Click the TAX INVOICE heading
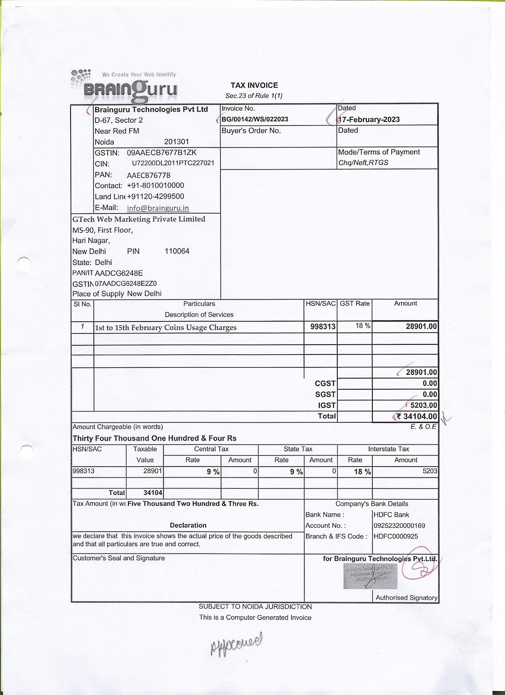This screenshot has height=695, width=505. coord(254,85)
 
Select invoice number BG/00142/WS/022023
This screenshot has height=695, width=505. coord(255,119)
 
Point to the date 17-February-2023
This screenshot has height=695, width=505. coord(369,119)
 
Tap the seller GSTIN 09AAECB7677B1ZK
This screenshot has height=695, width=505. coord(162,152)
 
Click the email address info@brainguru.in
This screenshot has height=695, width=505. coord(158,208)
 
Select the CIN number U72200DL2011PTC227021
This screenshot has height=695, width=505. coord(173,163)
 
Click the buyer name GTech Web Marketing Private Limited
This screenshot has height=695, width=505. coord(139,219)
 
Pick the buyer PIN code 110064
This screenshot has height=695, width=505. coord(177,251)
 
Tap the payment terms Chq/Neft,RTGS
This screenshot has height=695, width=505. coord(363,163)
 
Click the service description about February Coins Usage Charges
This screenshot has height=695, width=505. coord(166,328)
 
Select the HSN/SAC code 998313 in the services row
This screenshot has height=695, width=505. coord(323,327)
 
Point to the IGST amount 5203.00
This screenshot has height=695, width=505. coord(424,405)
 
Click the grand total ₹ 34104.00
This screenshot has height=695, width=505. coord(417,416)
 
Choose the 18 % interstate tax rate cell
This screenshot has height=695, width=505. coord(362,471)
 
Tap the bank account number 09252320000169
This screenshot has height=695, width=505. coord(399,526)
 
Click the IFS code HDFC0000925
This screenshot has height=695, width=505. coord(396,536)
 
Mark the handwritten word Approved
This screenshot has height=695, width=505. coord(236,644)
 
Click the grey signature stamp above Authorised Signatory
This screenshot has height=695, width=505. coord(370,576)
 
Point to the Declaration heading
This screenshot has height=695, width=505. coord(188,525)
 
